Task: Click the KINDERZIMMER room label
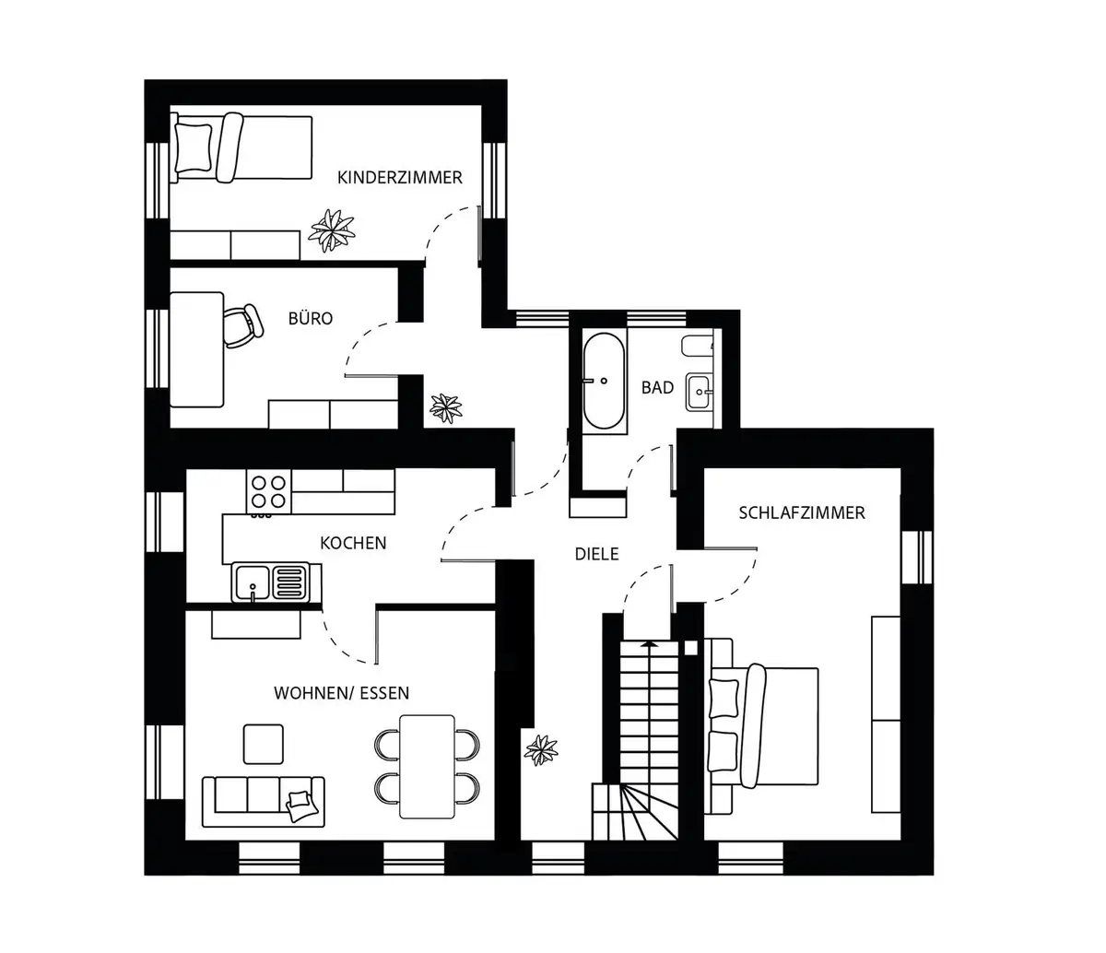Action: pos(400,178)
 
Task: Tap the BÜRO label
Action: pos(311,318)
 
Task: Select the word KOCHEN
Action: pos(353,543)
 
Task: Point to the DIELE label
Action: pos(596,554)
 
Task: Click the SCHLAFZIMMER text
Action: pos(802,512)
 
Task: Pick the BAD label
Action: pos(657,387)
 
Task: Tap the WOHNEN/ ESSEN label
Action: pos(341,693)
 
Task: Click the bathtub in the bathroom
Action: pos(604,381)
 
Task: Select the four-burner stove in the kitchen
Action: pos(268,492)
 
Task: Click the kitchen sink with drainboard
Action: pos(271,582)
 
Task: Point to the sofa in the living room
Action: pos(264,802)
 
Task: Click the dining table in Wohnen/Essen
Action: pos(427,767)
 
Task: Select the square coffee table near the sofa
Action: pos(264,745)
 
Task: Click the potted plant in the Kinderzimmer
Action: pos(332,230)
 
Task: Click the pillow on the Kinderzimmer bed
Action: pos(194,147)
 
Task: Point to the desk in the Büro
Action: pos(196,350)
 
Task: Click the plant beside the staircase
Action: pos(541,750)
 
